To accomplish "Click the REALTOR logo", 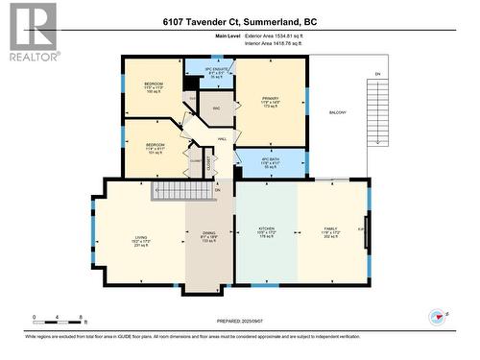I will click(x=29, y=32).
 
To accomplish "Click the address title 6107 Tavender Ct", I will click(x=239, y=21).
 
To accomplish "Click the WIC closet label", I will click(x=217, y=109).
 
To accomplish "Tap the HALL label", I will click(x=222, y=140).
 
